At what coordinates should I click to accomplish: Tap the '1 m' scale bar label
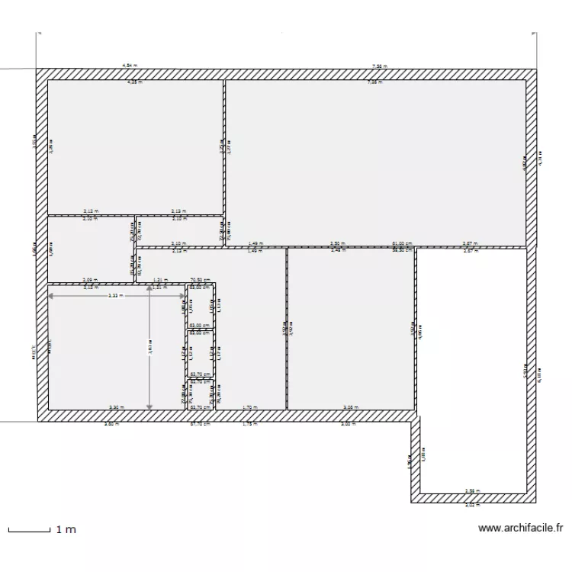click(x=66, y=529)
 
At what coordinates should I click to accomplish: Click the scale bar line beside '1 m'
click(x=28, y=529)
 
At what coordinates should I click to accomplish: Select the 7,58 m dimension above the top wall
click(x=378, y=66)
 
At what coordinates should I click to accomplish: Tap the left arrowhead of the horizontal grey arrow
click(x=51, y=294)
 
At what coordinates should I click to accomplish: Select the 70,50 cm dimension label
click(x=201, y=280)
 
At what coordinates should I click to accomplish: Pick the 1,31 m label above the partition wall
click(x=160, y=280)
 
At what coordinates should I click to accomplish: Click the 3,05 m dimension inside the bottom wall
click(x=350, y=407)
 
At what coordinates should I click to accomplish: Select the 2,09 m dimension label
click(x=90, y=280)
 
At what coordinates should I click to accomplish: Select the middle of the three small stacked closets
click(x=201, y=353)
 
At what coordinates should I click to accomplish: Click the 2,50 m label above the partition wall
click(x=336, y=244)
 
